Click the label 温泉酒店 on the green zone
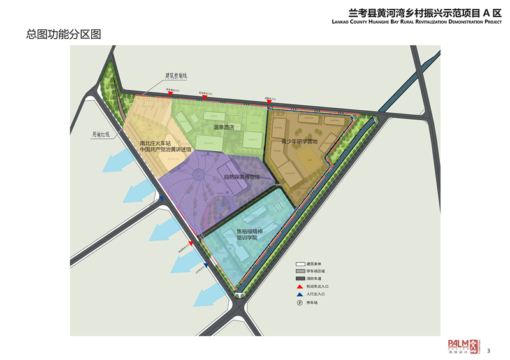pyautogui.click(x=224, y=127)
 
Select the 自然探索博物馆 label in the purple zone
pyautogui.click(x=242, y=176)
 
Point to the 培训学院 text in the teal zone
pyautogui.click(x=247, y=238)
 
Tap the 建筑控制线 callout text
pyautogui.click(x=176, y=75)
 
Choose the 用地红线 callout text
pyautogui.click(x=101, y=134)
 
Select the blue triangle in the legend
pyautogui.click(x=300, y=295)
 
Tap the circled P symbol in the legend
pyautogui.click(x=300, y=303)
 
